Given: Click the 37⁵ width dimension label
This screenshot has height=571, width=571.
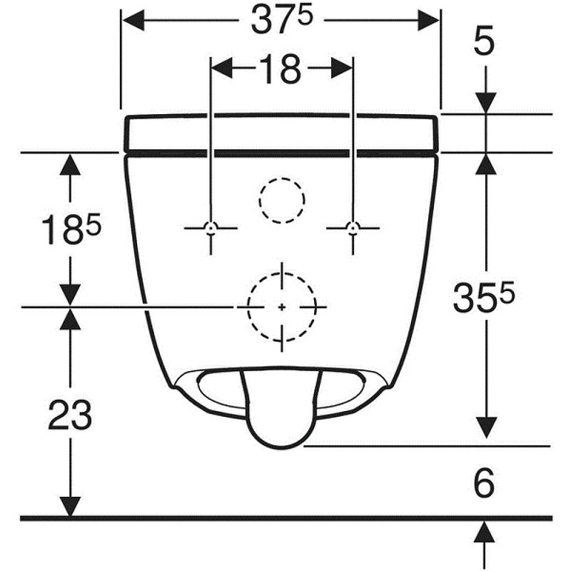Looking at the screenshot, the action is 282,21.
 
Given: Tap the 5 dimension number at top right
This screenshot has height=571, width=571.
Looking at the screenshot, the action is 484,41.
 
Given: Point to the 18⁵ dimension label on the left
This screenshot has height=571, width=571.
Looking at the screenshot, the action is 71,228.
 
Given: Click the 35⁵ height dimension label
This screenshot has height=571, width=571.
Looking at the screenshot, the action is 484,296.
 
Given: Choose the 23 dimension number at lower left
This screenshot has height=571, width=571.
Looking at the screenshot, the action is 70,415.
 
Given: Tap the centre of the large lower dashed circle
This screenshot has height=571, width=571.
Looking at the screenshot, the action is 282,308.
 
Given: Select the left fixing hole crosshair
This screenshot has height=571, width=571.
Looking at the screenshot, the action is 211,228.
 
